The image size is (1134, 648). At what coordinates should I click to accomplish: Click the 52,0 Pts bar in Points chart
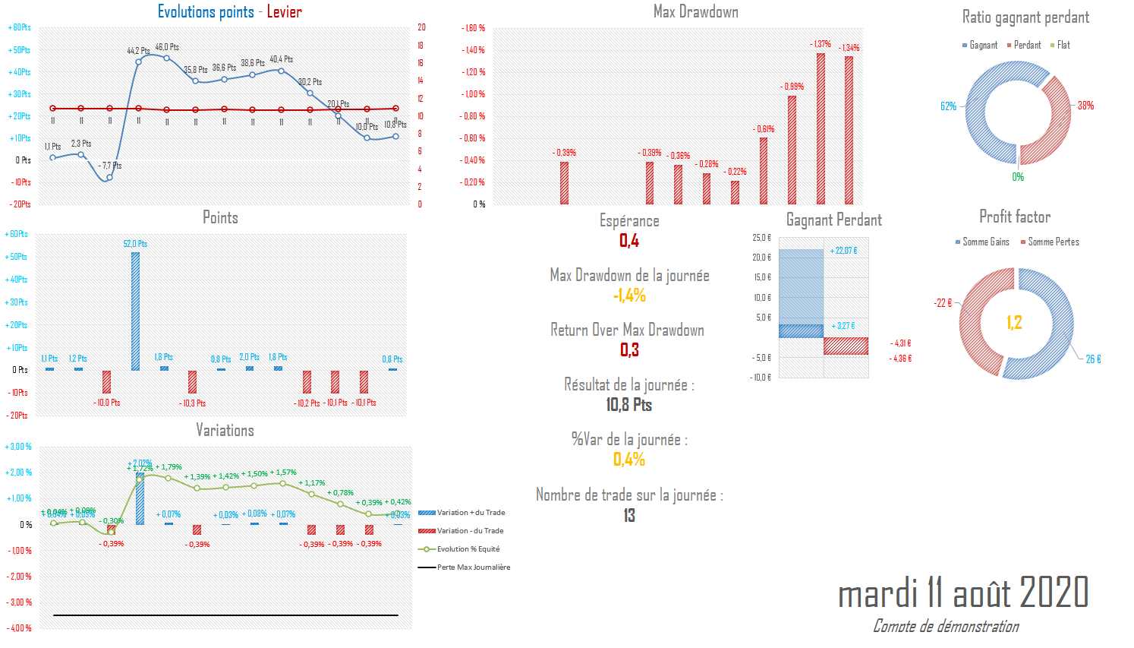[135, 311]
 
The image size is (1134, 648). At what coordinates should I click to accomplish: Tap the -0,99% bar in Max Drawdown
[792, 150]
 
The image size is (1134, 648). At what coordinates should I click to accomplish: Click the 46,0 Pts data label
[167, 47]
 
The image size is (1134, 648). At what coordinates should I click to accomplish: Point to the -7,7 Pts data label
[110, 166]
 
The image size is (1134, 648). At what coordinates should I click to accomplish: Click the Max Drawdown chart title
[695, 11]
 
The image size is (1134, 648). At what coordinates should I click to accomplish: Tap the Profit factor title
[1015, 217]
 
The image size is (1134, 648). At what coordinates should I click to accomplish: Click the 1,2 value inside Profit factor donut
[1014, 323]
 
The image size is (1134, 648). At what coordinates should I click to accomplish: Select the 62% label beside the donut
[948, 106]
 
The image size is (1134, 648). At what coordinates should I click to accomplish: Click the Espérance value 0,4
[629, 241]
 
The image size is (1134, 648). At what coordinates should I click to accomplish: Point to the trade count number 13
[629, 515]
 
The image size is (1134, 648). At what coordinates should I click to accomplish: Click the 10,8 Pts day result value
[629, 405]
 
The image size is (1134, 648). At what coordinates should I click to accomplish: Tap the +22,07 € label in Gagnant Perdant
[843, 251]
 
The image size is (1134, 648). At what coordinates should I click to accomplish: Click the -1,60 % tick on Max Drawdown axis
[474, 28]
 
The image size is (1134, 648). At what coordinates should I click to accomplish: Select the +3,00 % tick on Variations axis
[18, 447]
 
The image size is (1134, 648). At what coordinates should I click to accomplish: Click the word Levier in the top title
[284, 11]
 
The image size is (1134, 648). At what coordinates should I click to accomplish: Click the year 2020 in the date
[1054, 593]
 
